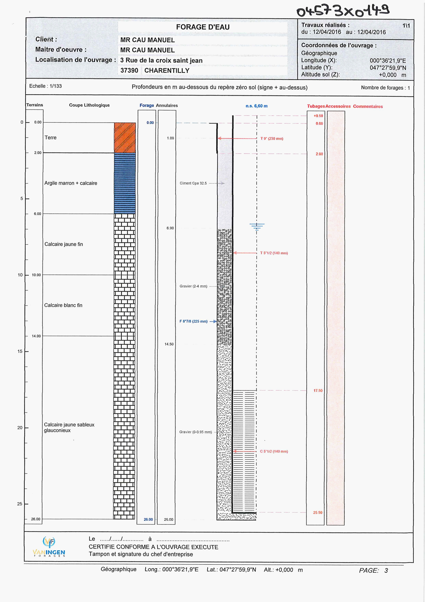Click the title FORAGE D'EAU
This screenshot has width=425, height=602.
coord(203,27)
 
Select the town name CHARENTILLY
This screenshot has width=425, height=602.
coord(167,71)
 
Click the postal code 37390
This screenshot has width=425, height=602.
coord(129,71)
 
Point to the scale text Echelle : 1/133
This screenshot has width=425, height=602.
coord(46,86)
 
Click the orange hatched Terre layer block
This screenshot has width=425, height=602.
coord(125,138)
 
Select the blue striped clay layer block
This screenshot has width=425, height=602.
coord(125,183)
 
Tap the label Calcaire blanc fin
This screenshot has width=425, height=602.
coord(63,305)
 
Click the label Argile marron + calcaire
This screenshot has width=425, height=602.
coord(71,183)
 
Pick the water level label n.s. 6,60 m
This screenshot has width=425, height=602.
coord(256,106)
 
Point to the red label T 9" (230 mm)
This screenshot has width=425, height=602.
coord(272,139)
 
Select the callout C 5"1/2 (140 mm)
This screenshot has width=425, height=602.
coord(274,451)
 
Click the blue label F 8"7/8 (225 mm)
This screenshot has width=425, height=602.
coord(193,321)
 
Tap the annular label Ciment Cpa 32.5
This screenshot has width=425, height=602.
coord(193,183)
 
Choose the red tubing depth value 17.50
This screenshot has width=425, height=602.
coord(318,390)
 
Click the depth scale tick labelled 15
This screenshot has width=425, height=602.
coord(20,351)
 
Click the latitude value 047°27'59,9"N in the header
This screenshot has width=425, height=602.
coord(388,68)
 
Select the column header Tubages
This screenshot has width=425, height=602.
coord(316,106)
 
